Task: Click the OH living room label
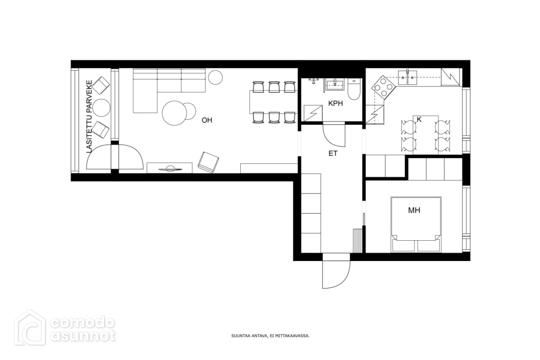coord(207,120)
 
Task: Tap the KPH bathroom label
coord(336,103)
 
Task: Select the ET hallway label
coord(333,153)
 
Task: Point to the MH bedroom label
coord(414,210)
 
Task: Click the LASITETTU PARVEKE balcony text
coord(89,117)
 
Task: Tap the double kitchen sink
coord(407,77)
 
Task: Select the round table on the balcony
coord(102,108)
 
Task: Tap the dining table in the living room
coord(274,102)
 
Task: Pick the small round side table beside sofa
coord(215,77)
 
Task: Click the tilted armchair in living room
coord(208,162)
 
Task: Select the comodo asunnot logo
coord(65,328)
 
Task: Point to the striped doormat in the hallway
coord(357,241)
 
